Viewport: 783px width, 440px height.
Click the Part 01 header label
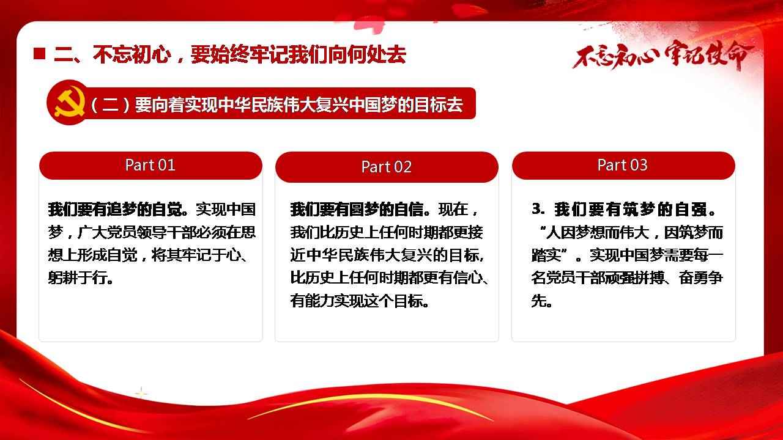point(150,165)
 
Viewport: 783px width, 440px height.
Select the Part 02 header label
point(387,167)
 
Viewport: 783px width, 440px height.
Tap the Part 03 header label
point(623,165)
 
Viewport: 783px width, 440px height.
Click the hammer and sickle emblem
point(69,102)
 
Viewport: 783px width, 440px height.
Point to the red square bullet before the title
point(40,54)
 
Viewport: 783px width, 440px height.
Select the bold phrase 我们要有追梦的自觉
point(117,209)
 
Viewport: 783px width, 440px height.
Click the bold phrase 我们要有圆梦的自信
point(360,209)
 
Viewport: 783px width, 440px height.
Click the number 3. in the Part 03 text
point(538,209)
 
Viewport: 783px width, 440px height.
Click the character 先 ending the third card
point(539,301)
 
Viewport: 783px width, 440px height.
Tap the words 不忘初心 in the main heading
point(132,54)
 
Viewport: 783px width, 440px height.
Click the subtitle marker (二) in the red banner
point(111,105)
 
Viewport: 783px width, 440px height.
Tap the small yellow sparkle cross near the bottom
point(141,394)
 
